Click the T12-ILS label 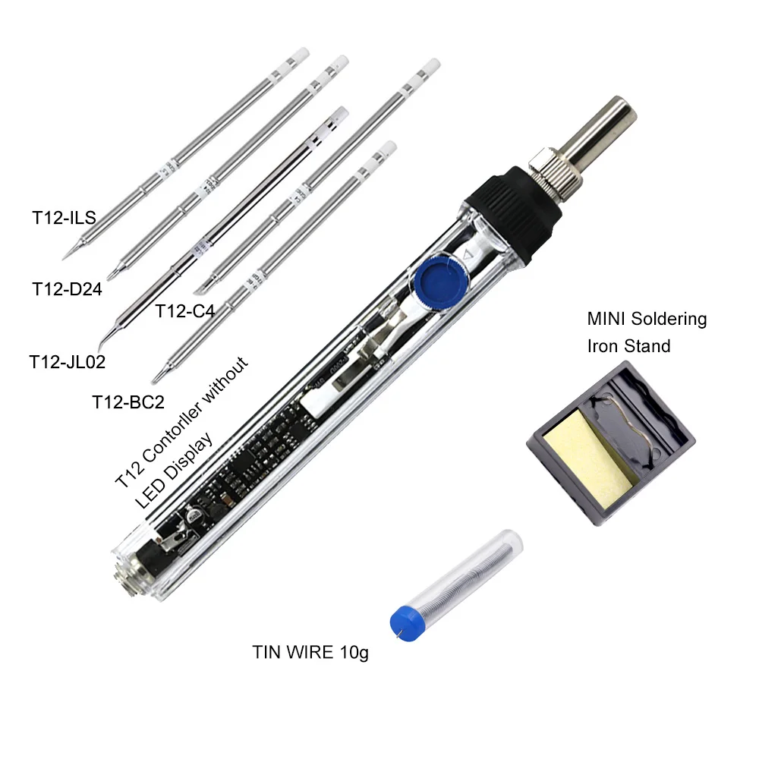(64, 218)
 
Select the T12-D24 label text (67, 288)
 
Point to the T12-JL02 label (67, 361)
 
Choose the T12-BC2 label (128, 402)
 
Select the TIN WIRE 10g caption (310, 652)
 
